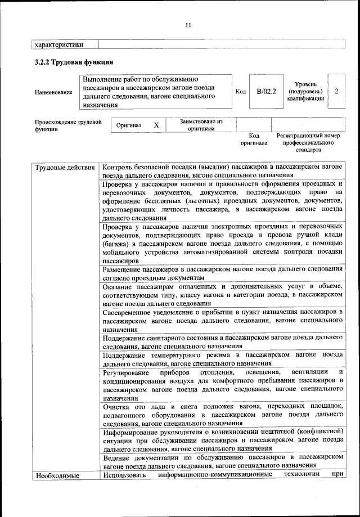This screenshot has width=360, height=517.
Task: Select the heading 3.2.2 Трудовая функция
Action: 74,62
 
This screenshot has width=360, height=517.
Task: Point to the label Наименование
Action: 53,92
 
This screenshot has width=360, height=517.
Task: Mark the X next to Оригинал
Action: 156,125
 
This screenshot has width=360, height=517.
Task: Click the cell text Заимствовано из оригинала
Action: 201,124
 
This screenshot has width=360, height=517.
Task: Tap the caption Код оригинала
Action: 254,140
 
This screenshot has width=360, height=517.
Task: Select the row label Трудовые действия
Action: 65,168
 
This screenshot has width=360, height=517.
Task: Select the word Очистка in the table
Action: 116,405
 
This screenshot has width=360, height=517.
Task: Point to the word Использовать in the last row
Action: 125,476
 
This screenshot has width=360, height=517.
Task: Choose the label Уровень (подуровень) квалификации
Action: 305,91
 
